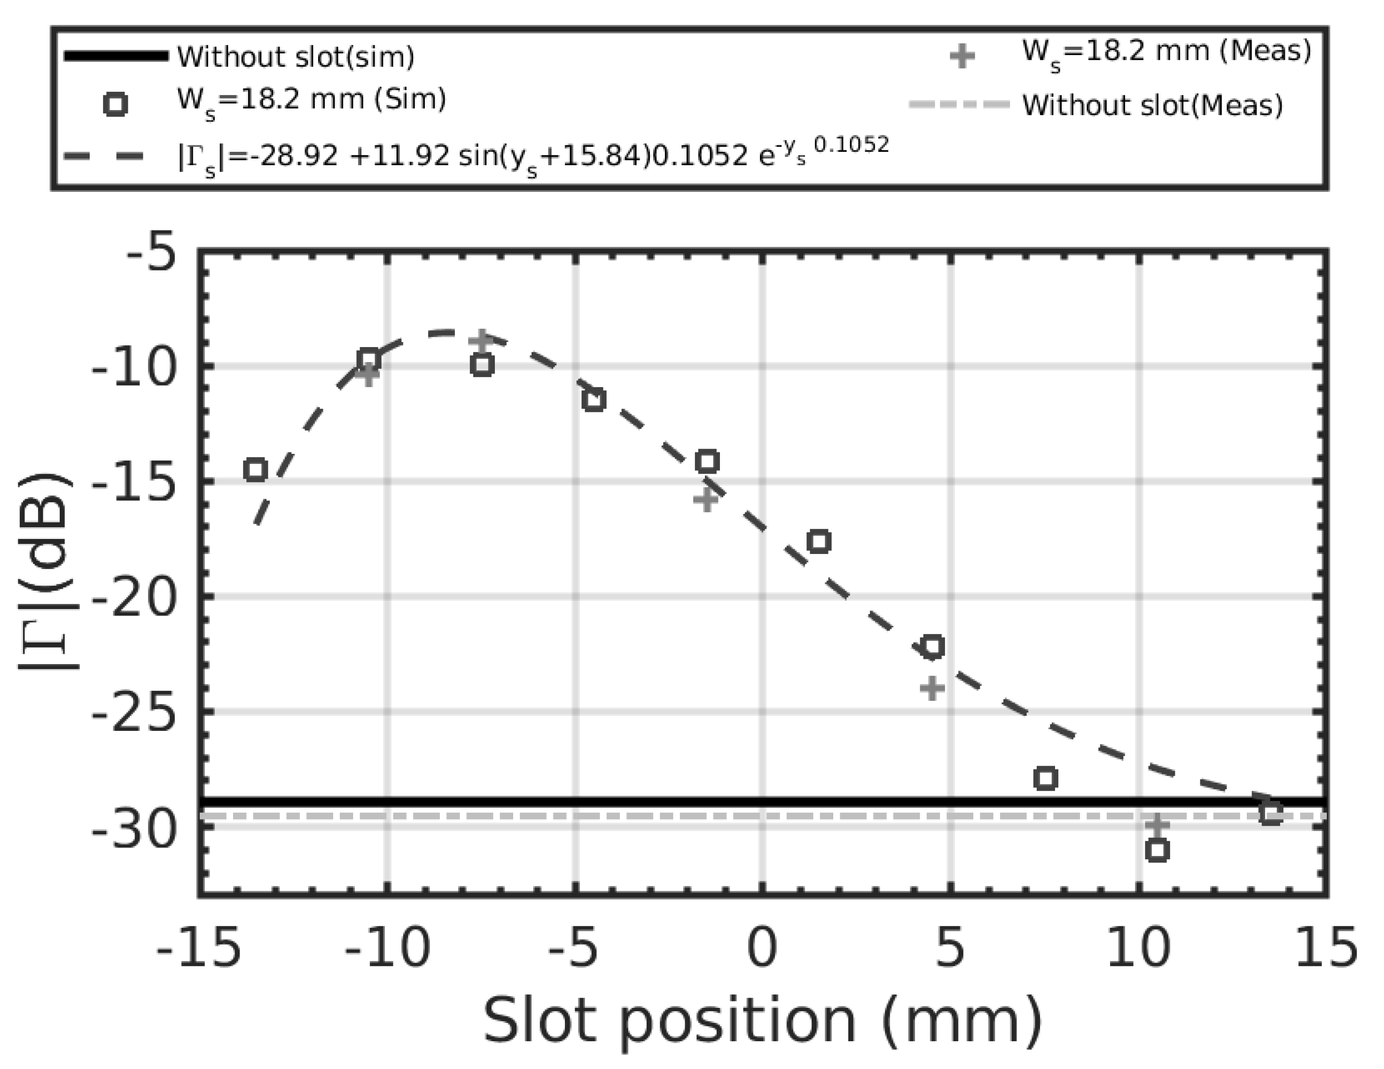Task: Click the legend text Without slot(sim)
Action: tap(295, 56)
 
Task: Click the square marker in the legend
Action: tap(115, 104)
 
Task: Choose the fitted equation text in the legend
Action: tap(532, 155)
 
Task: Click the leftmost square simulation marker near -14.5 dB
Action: tap(255, 470)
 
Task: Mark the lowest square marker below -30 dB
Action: tap(1157, 850)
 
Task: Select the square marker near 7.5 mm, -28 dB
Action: tap(1046, 778)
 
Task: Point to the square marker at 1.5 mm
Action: tap(820, 541)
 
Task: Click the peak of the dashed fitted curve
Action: tap(447, 332)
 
